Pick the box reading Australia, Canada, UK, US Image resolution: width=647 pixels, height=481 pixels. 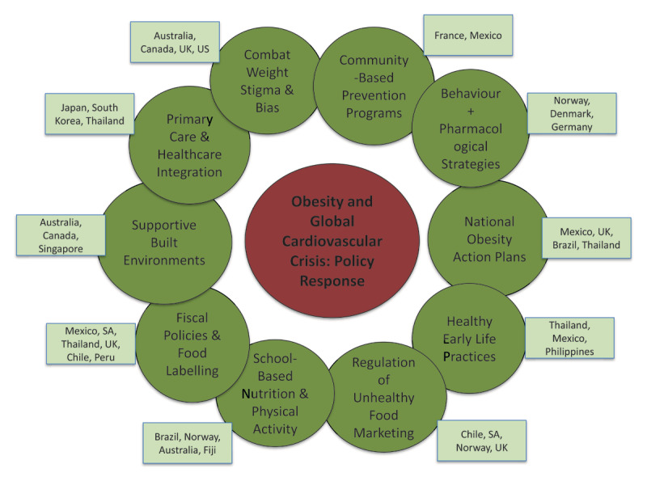tap(170, 40)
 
